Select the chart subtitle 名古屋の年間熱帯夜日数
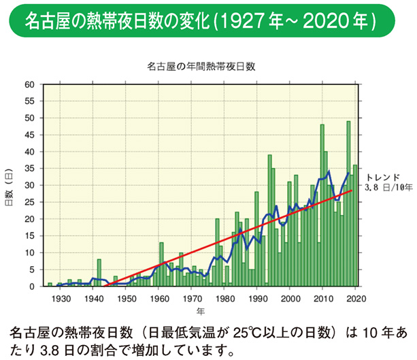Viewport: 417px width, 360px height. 200,67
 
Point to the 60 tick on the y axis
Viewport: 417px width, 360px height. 29,84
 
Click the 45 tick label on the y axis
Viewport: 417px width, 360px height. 29,135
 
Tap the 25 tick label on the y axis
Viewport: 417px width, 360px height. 29,202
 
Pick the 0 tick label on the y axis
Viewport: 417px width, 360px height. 31,287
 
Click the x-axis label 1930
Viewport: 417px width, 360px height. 61,297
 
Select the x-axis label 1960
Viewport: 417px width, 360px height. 159,297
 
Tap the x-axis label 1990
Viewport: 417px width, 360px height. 257,297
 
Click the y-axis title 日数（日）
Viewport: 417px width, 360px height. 10,186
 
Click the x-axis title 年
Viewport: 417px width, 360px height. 200,311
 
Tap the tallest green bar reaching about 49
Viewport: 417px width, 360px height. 348,204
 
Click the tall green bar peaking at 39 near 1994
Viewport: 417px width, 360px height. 269,221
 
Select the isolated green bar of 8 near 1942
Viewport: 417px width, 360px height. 99,273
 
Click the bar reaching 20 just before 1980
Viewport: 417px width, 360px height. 217,252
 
